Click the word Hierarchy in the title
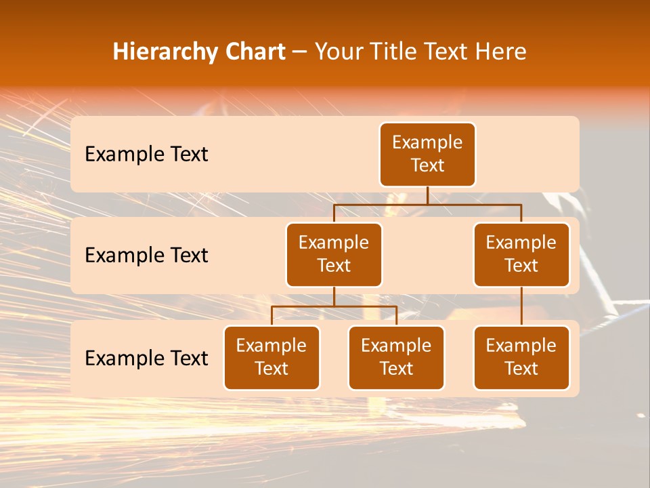(166, 52)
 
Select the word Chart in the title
(255, 52)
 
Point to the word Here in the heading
(499, 52)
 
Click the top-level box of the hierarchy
(427, 154)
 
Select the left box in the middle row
(334, 254)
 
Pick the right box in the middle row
(521, 254)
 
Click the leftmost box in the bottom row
(272, 357)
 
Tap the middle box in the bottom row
(396, 357)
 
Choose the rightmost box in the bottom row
(521, 357)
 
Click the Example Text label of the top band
(146, 154)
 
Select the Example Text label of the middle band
(146, 255)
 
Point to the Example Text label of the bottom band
(146, 358)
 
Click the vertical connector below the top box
(427, 195)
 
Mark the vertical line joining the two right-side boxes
(521, 306)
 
